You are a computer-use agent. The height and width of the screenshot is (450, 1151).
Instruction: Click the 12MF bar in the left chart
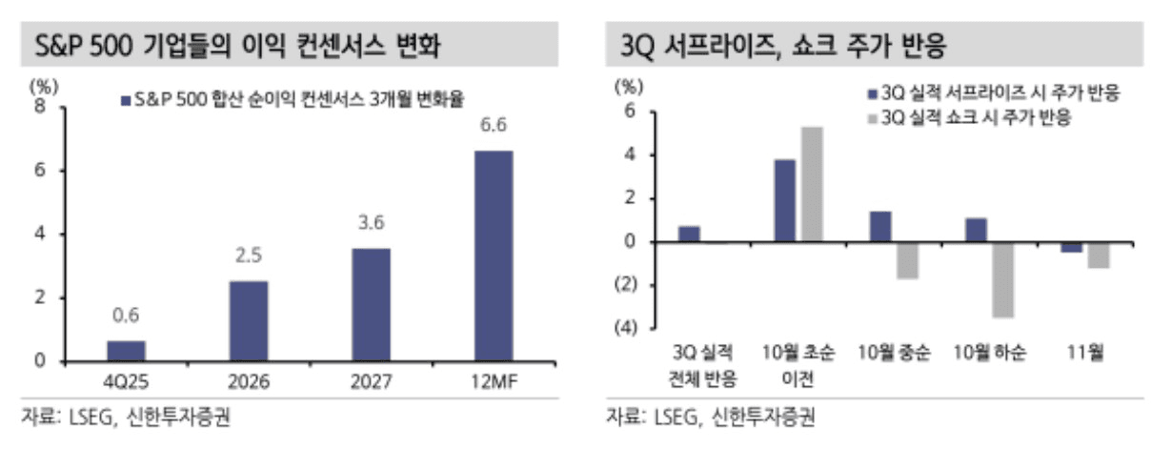(493, 256)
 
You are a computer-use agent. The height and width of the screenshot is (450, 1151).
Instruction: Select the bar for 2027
(372, 304)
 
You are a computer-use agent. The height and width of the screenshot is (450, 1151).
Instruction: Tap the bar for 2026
(249, 320)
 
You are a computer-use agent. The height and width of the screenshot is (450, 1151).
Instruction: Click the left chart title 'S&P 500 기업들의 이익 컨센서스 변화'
(237, 46)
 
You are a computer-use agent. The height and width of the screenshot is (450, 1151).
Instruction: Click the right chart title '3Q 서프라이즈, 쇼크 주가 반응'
(781, 46)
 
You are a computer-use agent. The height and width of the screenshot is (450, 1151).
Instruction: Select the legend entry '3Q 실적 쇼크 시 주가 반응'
(976, 118)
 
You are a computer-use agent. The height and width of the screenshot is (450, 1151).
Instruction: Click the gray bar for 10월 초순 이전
(811, 184)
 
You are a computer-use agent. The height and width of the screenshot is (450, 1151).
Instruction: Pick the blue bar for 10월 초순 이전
(784, 200)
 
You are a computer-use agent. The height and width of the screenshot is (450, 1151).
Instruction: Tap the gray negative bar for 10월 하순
(1001, 279)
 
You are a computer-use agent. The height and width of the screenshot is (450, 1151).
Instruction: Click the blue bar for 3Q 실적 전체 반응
(689, 234)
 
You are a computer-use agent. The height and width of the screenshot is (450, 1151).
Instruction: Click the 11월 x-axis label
(1085, 354)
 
